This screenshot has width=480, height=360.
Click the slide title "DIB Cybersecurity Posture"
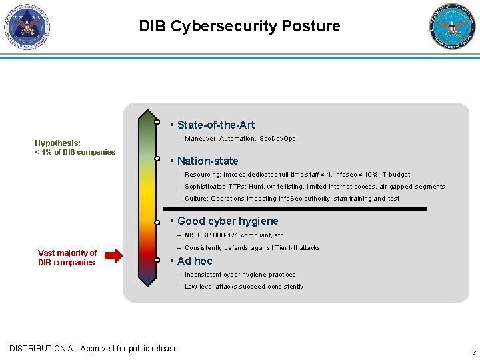(239, 26)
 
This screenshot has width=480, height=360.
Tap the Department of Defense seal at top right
(453, 27)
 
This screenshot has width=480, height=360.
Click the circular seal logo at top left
(27, 27)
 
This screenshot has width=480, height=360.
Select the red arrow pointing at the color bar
(114, 254)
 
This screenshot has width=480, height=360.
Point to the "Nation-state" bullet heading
(207, 161)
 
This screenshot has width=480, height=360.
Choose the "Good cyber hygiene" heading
(227, 221)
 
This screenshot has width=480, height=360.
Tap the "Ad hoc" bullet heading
(195, 261)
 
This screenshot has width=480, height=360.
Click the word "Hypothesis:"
(58, 143)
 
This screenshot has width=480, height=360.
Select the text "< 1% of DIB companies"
(75, 152)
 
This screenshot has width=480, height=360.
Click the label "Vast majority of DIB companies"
(67, 257)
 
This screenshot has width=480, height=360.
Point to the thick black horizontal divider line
(297, 209)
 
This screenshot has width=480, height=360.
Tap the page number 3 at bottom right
(473, 352)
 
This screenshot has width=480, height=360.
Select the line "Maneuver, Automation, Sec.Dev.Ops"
(240, 139)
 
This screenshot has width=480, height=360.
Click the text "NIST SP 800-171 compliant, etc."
(235, 235)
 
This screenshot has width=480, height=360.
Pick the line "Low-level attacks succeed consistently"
(244, 287)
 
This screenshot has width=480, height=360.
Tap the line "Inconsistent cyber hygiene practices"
(240, 275)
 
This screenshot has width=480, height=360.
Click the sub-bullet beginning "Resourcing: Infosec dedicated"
(297, 175)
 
